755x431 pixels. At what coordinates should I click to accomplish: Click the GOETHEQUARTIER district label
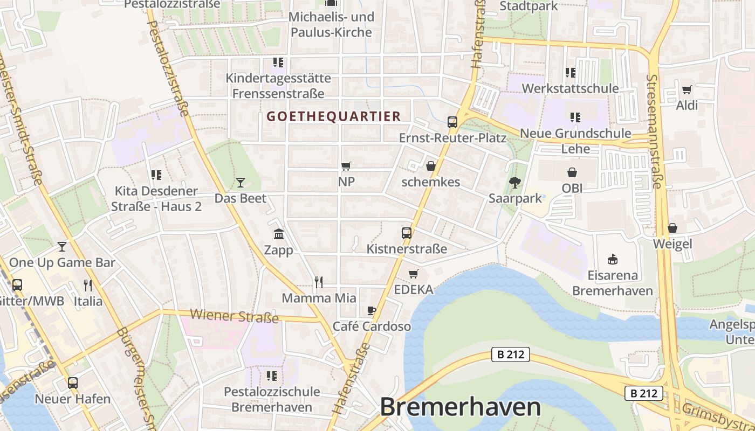[x=334, y=116]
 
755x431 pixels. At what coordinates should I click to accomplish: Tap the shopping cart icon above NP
[x=346, y=166]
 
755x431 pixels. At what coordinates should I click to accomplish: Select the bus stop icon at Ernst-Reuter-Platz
[x=452, y=122]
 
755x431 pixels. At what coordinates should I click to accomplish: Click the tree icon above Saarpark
[x=515, y=182]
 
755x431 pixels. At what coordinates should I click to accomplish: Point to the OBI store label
[x=572, y=188]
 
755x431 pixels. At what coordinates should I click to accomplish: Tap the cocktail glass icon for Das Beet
[x=241, y=183]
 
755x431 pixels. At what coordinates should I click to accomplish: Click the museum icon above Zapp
[x=279, y=234]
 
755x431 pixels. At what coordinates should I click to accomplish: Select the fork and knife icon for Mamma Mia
[x=319, y=282]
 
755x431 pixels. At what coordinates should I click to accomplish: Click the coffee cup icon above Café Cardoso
[x=371, y=310]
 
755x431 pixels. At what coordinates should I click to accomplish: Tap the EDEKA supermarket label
[x=414, y=290]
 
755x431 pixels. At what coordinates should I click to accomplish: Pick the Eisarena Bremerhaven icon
[x=612, y=260]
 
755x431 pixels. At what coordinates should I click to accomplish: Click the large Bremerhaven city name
[x=460, y=407]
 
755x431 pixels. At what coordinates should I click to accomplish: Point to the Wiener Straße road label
[x=234, y=316]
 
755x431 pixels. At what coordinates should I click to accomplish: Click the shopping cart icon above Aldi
[x=687, y=89]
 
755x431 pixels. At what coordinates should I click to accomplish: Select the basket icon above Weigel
[x=672, y=228]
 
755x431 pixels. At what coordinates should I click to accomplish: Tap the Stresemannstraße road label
[x=653, y=131]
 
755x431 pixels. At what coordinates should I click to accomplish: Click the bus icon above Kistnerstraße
[x=407, y=233]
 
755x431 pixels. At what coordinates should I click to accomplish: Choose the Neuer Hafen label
[x=72, y=399]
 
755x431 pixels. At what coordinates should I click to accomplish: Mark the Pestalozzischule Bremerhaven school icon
[x=272, y=376]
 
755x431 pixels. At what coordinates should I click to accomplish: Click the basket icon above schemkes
[x=430, y=166]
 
